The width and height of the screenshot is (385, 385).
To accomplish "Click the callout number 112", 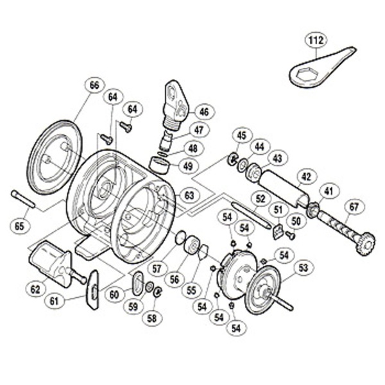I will [314, 42].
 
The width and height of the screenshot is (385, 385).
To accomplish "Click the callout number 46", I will [203, 112].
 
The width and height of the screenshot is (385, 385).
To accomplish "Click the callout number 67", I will [352, 207].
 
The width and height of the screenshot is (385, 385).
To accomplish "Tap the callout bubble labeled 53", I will [302, 267].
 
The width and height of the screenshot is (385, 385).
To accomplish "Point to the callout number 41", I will [329, 190].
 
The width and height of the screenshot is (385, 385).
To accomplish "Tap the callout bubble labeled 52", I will [260, 199].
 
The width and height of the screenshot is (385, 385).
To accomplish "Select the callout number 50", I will [295, 221].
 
